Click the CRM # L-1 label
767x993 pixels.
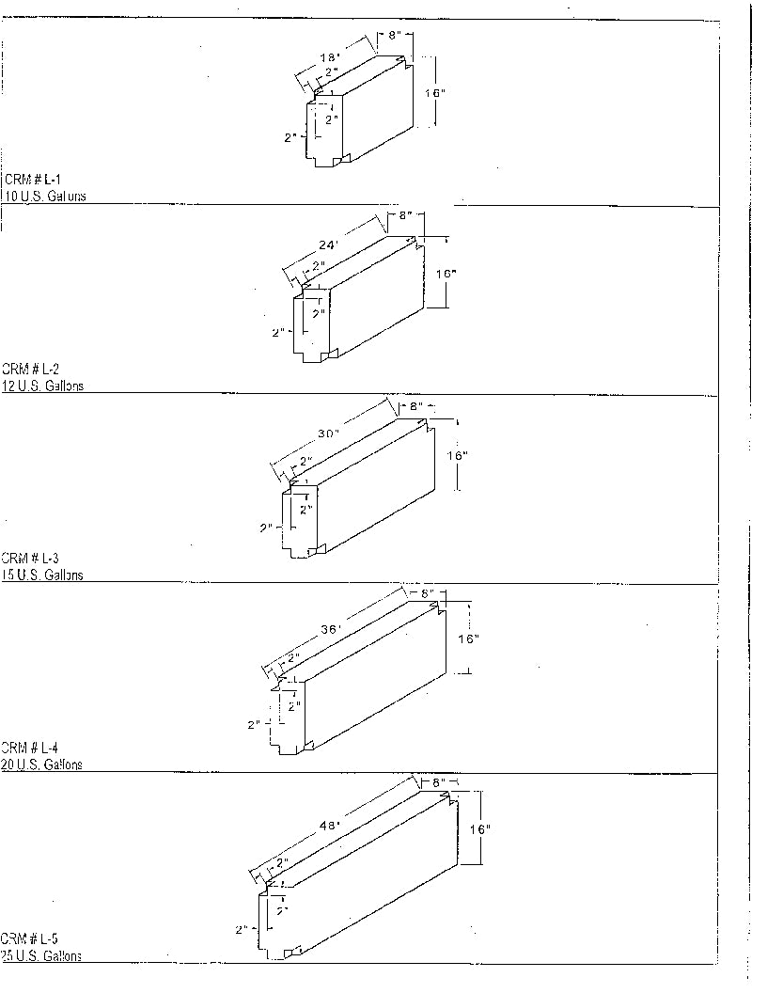(x=33, y=179)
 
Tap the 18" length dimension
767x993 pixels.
(x=329, y=56)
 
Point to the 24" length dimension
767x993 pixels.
(x=328, y=244)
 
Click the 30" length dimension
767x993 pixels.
(x=328, y=433)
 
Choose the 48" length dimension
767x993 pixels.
(x=331, y=825)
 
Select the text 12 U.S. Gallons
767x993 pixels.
(x=43, y=386)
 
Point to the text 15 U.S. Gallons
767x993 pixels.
(x=43, y=575)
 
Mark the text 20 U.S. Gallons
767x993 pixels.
(x=42, y=764)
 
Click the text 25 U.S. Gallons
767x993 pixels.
(x=42, y=955)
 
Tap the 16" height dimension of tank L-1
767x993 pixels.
(x=434, y=93)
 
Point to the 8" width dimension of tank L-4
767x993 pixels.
(x=426, y=593)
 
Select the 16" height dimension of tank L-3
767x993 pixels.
(x=457, y=455)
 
